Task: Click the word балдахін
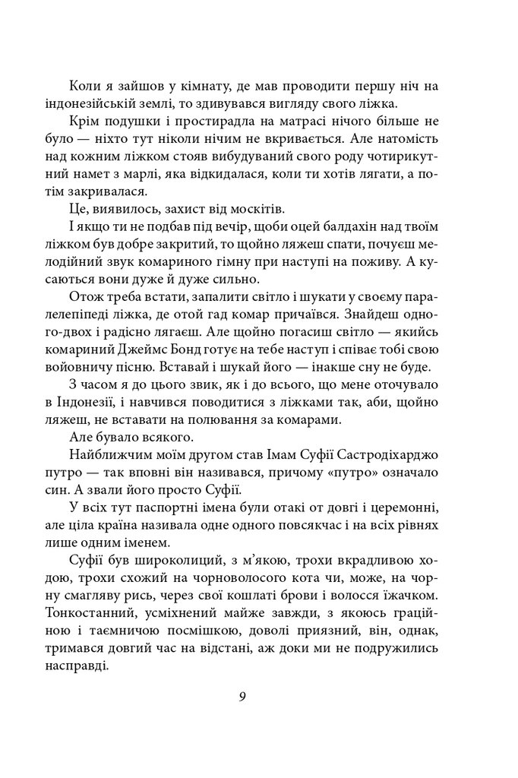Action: [349, 227]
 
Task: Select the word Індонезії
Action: [94, 403]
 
